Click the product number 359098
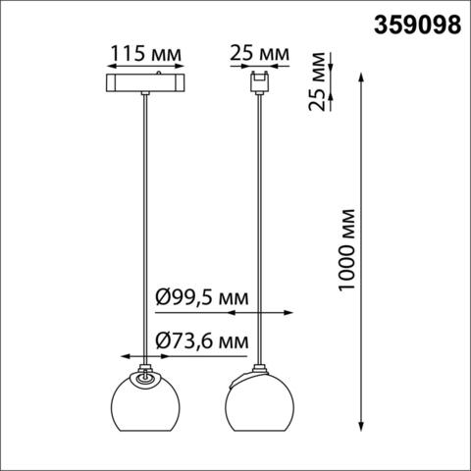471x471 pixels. point(417,23)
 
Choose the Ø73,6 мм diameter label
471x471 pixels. point(201,340)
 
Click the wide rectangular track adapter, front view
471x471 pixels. point(146,80)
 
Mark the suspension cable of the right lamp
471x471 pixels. point(259,226)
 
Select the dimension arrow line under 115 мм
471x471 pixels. point(146,66)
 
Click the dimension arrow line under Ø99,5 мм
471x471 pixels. point(259,314)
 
